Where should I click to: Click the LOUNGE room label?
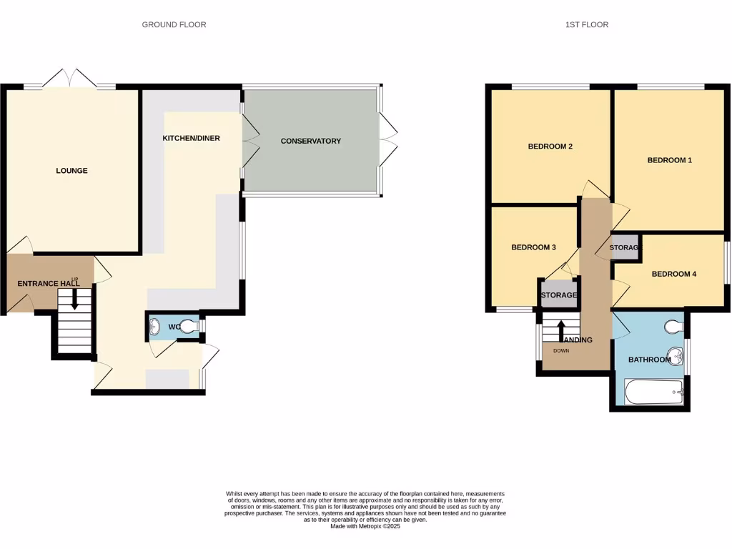[x=71, y=171]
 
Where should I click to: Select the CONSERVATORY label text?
[x=310, y=141]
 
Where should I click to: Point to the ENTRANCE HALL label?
[x=48, y=284]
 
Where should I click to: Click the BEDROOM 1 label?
[x=669, y=160]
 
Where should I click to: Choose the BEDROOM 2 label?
[x=550, y=147]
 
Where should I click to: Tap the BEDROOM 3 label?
[x=533, y=247]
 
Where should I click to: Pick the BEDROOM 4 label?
[x=673, y=274]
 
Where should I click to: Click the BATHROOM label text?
[x=649, y=360]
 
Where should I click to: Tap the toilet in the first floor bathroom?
[x=673, y=327]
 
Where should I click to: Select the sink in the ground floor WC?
[x=155, y=327]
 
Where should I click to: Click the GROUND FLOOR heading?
[x=174, y=24]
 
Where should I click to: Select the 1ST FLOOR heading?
[x=586, y=24]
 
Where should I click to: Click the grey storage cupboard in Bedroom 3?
[x=558, y=295]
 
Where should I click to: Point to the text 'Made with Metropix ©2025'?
[x=365, y=526]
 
